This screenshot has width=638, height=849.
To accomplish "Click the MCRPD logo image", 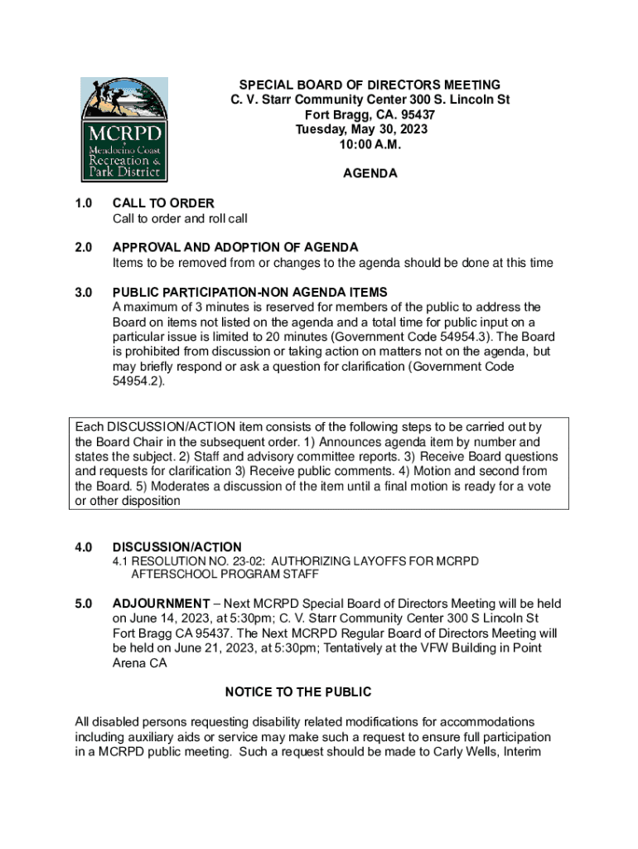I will pos(124,129).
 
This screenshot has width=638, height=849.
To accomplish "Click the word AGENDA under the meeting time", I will pos(370,174).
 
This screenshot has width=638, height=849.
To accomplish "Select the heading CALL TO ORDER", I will pos(163,203).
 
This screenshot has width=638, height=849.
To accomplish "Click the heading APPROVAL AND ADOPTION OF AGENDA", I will pos(235,247).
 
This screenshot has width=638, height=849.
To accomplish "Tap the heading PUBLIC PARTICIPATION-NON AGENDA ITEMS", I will pos(249,292).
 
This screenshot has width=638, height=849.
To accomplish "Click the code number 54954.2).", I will pos(138,381).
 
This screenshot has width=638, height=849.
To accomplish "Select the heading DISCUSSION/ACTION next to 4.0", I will pos(177,547).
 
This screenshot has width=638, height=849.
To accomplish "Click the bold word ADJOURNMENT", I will pos(162,604).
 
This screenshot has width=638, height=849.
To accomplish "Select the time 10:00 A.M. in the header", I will pos(370,144).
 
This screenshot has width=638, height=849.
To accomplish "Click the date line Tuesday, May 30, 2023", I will pos(370,129).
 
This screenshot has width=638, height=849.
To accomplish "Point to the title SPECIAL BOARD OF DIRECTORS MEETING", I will pos(370,85).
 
